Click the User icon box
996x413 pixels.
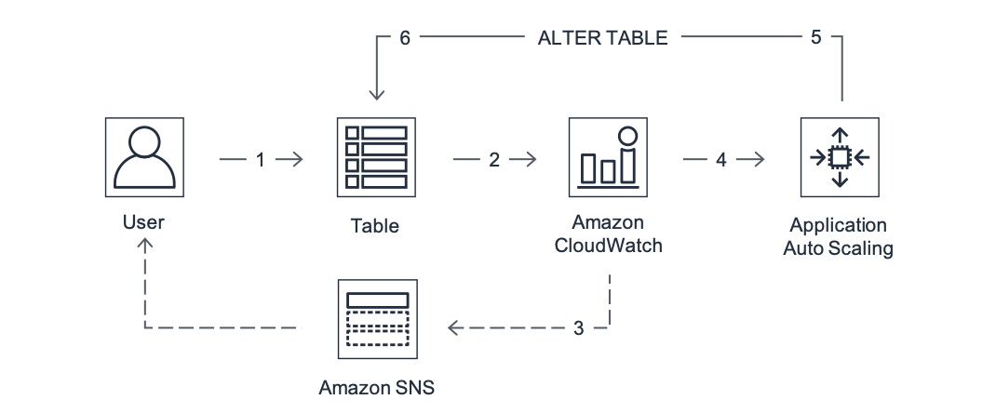click(x=143, y=157)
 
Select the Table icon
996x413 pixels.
click(x=376, y=157)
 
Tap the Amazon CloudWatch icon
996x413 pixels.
click(x=609, y=157)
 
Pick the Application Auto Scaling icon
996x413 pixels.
click(x=840, y=157)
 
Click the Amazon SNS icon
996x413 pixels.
click(x=376, y=319)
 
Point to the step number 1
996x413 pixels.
click(x=261, y=160)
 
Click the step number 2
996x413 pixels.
click(x=494, y=160)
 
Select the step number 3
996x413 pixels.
click(x=578, y=328)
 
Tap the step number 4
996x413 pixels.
click(x=721, y=160)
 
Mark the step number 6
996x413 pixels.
click(x=404, y=38)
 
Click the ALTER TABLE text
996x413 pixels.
click(x=602, y=38)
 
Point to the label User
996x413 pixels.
click(x=143, y=222)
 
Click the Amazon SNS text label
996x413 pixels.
click(x=376, y=386)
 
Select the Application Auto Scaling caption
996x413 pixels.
click(x=839, y=236)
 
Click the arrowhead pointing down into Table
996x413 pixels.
click(x=376, y=94)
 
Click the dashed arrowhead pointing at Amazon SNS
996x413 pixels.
click(x=455, y=327)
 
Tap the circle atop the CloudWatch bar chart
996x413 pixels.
click(x=628, y=136)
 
